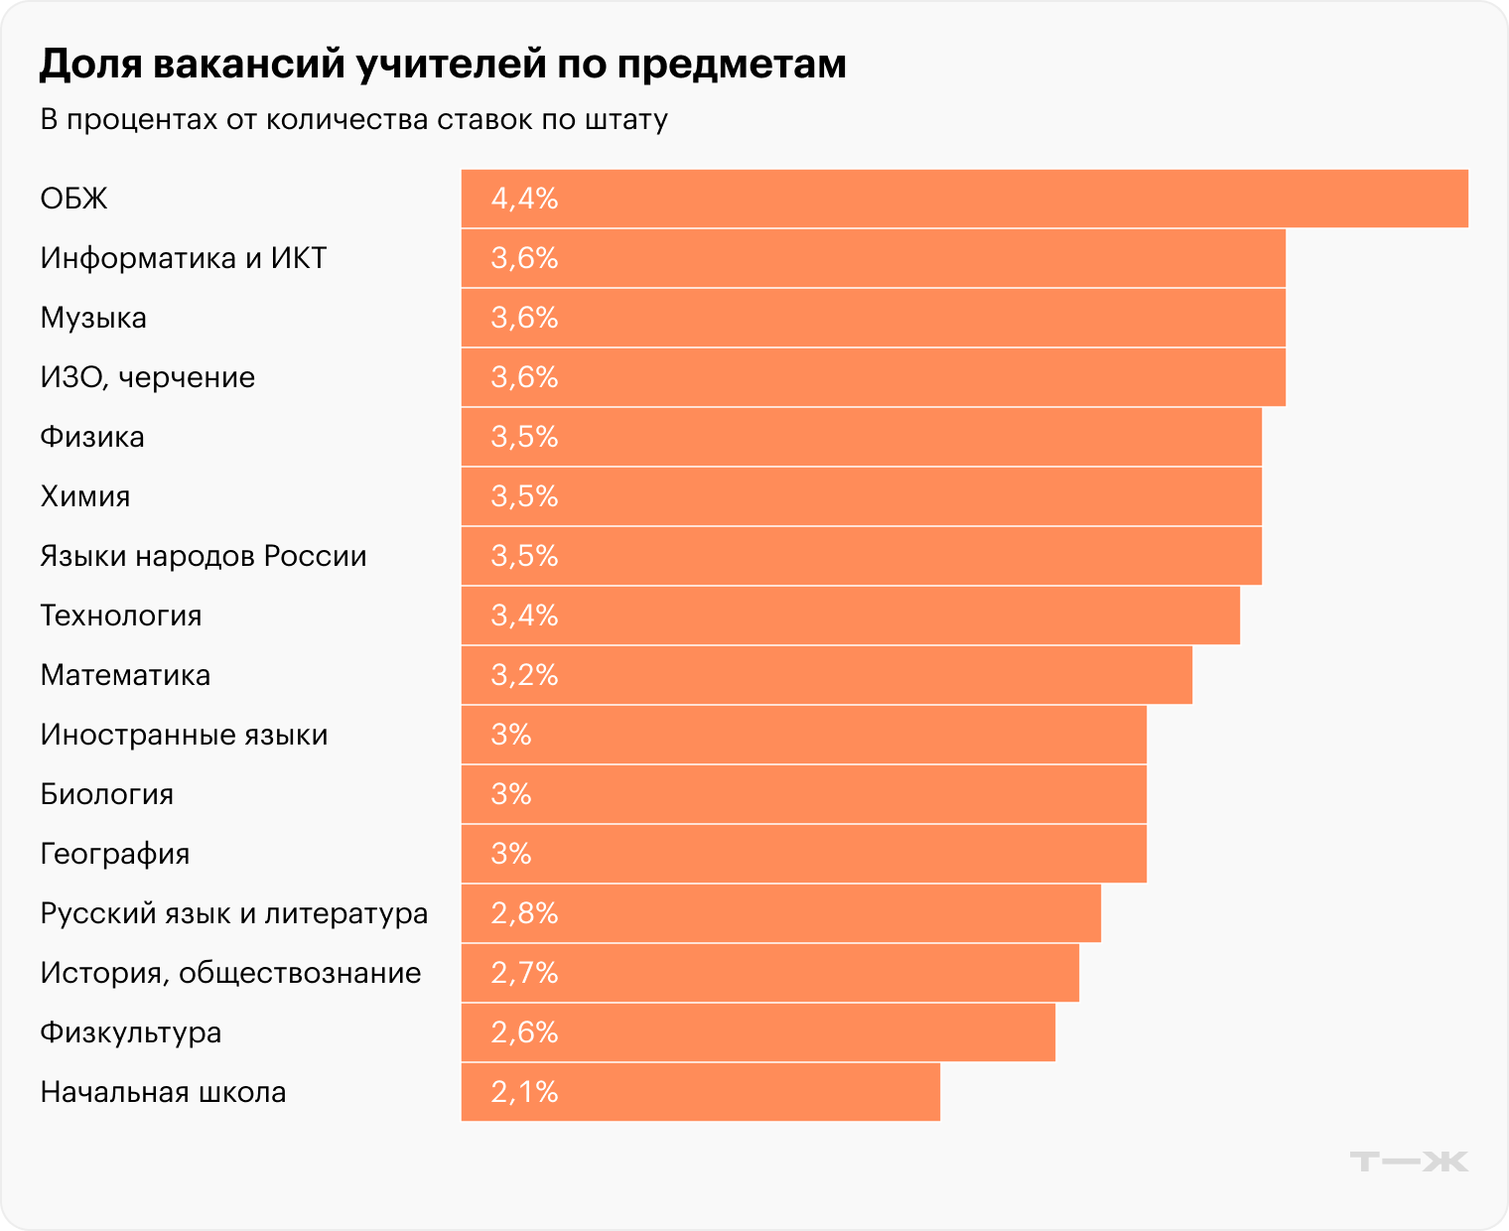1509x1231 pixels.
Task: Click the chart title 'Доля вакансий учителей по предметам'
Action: pos(443,64)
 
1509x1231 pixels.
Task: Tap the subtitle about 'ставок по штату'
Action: pos(353,119)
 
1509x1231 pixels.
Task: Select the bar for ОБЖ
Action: pos(963,199)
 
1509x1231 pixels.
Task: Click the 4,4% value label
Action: pos(524,199)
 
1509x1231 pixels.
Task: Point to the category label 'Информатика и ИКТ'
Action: pos(183,258)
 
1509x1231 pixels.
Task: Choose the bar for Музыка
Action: pos(873,318)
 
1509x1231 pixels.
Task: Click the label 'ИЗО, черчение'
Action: pos(147,377)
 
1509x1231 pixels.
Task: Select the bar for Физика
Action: pos(861,437)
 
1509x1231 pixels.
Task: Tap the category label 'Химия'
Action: pos(85,496)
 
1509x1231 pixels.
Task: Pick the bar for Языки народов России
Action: pos(861,556)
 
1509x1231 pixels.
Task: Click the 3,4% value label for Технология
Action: pos(524,615)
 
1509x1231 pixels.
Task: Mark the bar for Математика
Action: pos(826,675)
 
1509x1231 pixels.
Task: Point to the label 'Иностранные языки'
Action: pos(184,735)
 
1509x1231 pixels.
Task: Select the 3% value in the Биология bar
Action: pos(511,794)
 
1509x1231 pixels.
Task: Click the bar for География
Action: pos(803,854)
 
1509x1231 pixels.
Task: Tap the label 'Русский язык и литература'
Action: pos(233,913)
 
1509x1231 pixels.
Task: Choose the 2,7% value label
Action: pos(524,973)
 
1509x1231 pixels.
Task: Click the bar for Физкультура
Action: pos(757,1032)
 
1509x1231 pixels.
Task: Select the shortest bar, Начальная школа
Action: pos(700,1092)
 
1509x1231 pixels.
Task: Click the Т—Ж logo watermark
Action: pos(1409,1161)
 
